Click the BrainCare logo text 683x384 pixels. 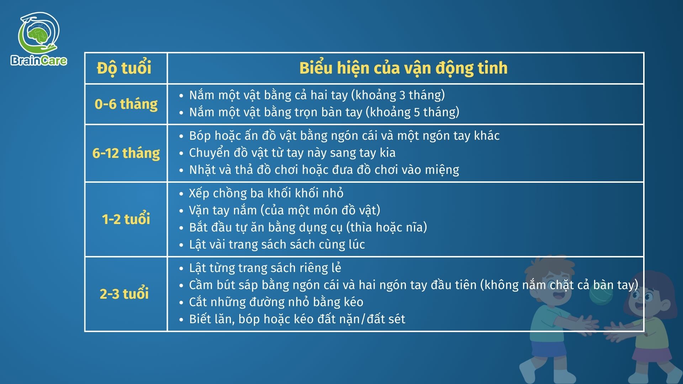(39, 60)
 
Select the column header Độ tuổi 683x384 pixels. (124, 68)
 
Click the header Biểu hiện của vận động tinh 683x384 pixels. (403, 68)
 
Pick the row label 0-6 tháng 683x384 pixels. (126, 104)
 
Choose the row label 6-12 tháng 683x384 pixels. (126, 153)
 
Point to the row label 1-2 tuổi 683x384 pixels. (126, 219)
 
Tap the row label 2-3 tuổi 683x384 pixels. (124, 294)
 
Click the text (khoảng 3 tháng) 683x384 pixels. (398, 95)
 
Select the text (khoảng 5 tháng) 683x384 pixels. (413, 112)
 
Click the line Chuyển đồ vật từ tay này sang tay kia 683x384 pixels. (292, 153)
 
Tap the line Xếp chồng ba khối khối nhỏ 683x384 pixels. (266, 193)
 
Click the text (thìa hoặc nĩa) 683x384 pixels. (386, 227)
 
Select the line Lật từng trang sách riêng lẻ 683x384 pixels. (265, 268)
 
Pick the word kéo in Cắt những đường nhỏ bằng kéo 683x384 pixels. (354, 302)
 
